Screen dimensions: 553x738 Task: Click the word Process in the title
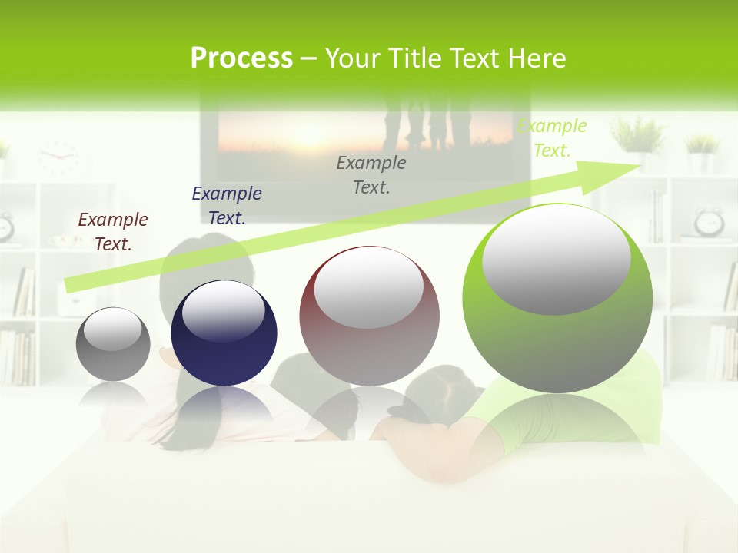point(241,58)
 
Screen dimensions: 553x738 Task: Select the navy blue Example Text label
point(227,206)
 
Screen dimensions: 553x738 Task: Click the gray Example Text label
point(371,174)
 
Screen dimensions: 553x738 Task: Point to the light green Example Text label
point(551,138)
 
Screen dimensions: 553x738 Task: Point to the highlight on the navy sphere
point(224,311)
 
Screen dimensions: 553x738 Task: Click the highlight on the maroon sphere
point(368,288)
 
